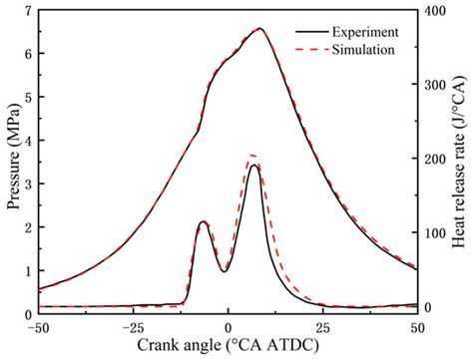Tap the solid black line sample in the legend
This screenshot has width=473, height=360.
(x=309, y=30)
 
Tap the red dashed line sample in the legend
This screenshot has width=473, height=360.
(x=309, y=47)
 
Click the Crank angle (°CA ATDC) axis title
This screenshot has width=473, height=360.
(x=228, y=348)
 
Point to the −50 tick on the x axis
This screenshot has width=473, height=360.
(x=38, y=326)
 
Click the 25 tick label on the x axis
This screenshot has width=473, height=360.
(x=322, y=326)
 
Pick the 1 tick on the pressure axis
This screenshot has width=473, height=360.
(x=27, y=271)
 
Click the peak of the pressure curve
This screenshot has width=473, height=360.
(x=259, y=29)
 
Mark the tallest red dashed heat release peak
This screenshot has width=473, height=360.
(x=252, y=156)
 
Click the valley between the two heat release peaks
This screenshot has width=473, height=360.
(x=225, y=271)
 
